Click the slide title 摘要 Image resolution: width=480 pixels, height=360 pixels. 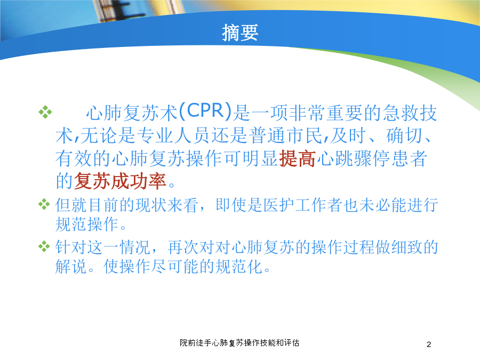[x=241, y=33]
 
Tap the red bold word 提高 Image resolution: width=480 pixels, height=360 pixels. [x=297, y=158]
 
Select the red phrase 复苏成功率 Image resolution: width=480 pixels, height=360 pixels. [x=120, y=181]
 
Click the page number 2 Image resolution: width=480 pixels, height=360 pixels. [x=429, y=345]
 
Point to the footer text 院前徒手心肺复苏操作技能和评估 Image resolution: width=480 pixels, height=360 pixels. [x=239, y=343]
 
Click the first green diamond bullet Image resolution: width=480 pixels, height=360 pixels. [x=45, y=112]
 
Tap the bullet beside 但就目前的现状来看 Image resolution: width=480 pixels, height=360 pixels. [x=44, y=204]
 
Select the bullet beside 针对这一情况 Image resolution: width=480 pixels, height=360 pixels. [x=44, y=246]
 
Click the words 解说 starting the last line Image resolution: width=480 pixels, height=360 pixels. [x=71, y=266]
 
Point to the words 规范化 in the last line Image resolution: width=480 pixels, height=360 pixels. [x=239, y=266]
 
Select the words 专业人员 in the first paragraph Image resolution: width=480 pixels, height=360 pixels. [x=173, y=135]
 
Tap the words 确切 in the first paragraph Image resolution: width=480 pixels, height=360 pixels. [x=404, y=135]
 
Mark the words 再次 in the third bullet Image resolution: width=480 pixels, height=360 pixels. [x=183, y=247]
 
